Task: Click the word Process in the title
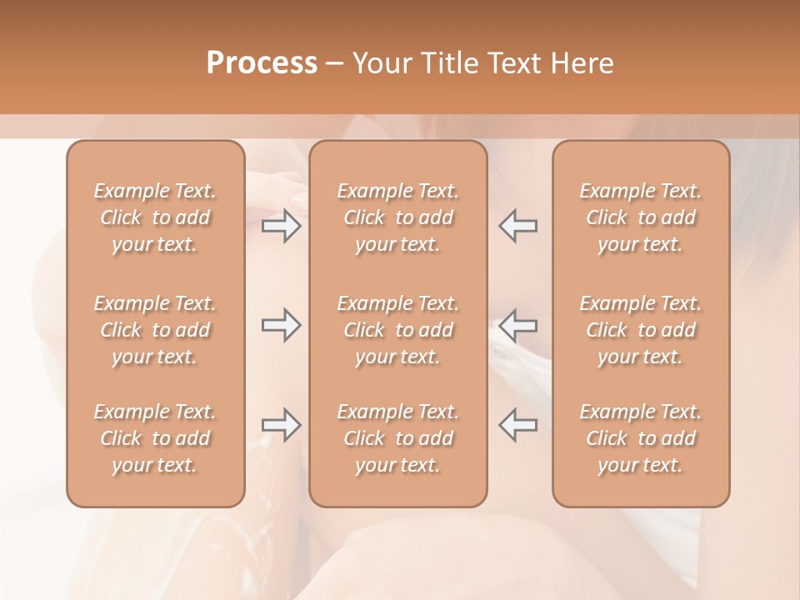[x=262, y=63]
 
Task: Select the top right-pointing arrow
[x=281, y=226]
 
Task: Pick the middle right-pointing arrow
[x=281, y=325]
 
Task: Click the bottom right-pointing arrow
[x=281, y=424]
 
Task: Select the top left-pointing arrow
[x=517, y=226]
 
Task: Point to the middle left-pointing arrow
[x=517, y=325]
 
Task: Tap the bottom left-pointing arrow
[x=517, y=424]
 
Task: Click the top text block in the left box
[x=155, y=217]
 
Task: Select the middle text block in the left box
[x=155, y=330]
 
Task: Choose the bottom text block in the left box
[x=155, y=438]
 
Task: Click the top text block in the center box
[x=397, y=217]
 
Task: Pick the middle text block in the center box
[x=397, y=330]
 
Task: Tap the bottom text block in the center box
[x=397, y=438]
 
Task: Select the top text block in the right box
[x=641, y=217]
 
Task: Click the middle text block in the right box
[x=641, y=330]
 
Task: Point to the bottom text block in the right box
[x=641, y=438]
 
